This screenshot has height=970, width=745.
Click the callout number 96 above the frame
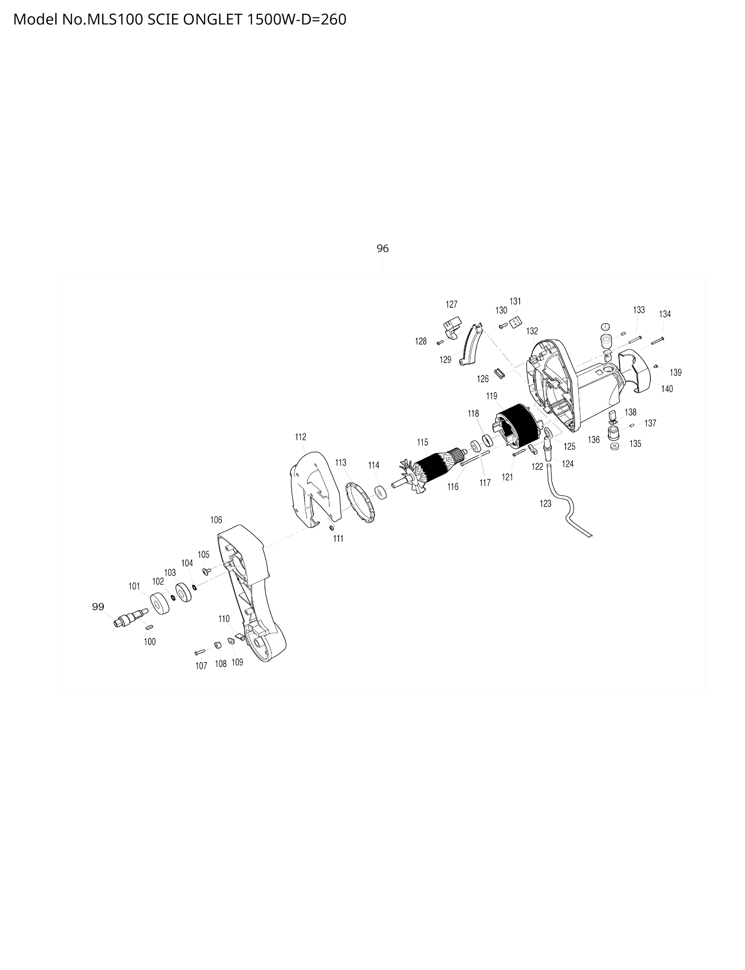pos(382,248)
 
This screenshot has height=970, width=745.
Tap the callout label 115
pos(422,442)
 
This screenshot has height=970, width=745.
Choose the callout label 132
pos(532,331)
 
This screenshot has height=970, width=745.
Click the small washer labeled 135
pos(615,446)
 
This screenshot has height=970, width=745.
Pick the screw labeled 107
pos(200,651)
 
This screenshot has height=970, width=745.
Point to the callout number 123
pos(545,503)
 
